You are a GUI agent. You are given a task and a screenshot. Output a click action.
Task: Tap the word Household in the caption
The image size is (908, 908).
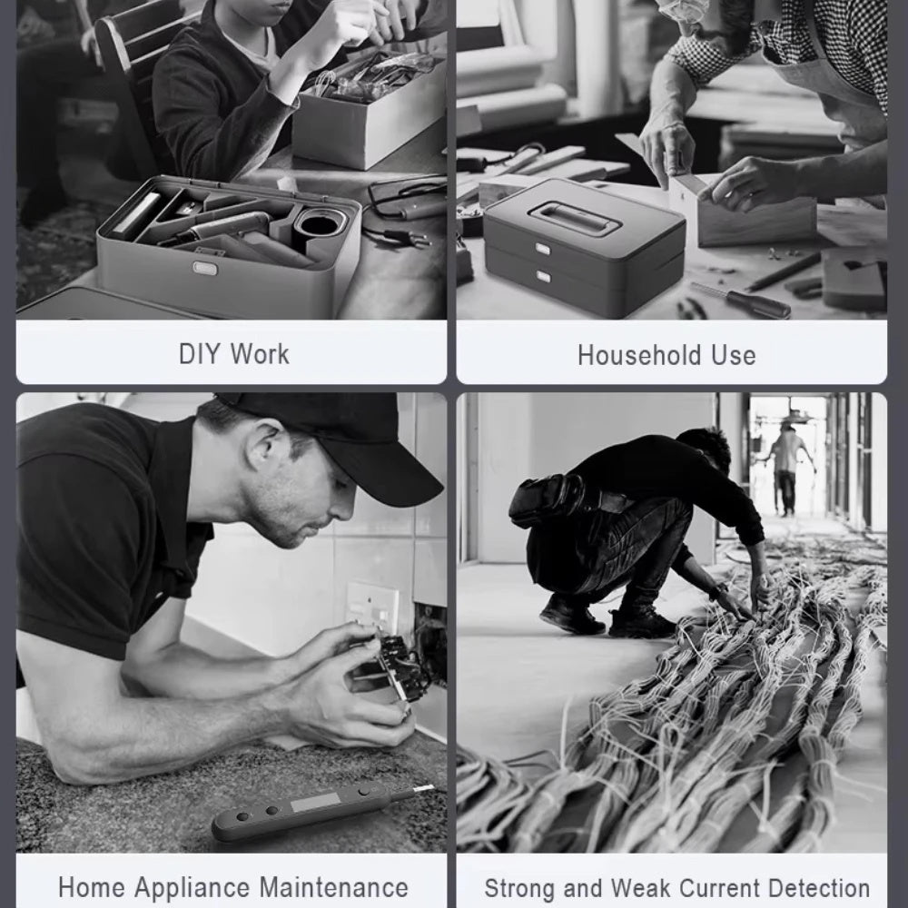(639, 355)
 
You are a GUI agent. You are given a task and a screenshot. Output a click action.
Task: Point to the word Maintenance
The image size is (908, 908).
(333, 887)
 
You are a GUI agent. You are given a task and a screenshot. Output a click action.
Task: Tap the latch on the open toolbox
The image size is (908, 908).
(205, 268)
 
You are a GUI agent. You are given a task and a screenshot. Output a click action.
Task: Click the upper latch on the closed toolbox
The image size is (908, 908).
(543, 249)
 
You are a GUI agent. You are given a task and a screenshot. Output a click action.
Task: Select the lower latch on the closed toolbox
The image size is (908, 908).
(543, 276)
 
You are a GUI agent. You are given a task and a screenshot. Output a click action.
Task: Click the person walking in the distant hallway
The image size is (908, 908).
(786, 469)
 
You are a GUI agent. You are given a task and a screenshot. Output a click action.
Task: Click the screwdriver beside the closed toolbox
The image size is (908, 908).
(741, 300)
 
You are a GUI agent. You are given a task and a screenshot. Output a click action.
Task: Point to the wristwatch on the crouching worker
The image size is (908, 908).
(718, 590)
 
